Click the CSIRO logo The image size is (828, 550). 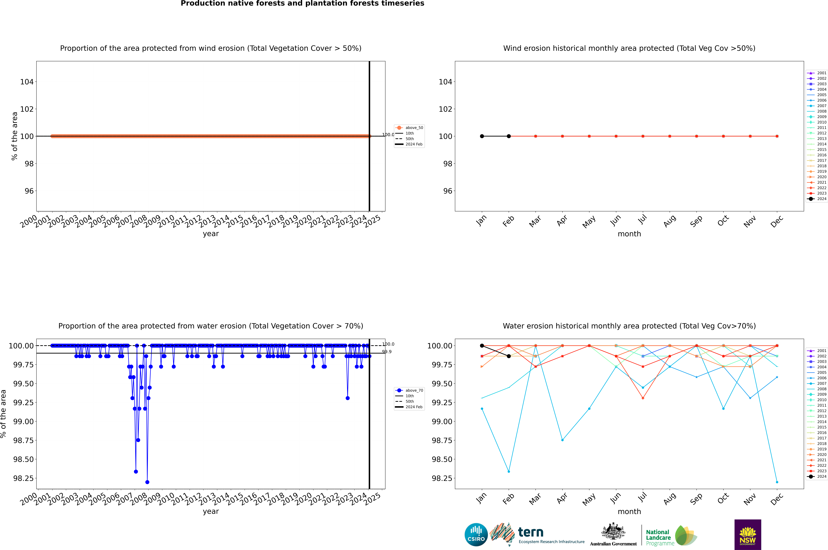tap(476, 535)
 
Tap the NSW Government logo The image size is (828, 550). tap(748, 535)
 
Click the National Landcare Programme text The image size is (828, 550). tap(658, 537)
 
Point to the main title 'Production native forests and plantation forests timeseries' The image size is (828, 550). tap(302, 3)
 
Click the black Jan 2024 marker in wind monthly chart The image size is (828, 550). tap(482, 136)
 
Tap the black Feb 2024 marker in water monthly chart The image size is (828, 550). tap(509, 356)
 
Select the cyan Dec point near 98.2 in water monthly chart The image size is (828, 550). tap(777, 482)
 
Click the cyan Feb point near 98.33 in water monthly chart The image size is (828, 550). tap(509, 471)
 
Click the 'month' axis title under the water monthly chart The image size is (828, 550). tap(629, 511)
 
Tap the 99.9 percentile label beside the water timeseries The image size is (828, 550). tap(387, 352)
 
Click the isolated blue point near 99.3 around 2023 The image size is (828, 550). tap(347, 398)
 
